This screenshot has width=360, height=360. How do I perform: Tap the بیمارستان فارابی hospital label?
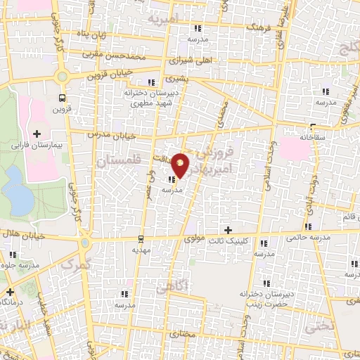tap(37, 146)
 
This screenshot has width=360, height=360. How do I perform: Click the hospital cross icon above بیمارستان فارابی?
tap(37, 133)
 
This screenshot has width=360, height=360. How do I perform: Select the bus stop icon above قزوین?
tap(63, 98)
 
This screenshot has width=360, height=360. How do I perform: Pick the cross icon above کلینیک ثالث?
tap(227, 230)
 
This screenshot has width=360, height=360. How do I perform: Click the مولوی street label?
tap(194, 240)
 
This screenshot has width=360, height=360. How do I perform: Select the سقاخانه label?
tap(314, 138)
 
